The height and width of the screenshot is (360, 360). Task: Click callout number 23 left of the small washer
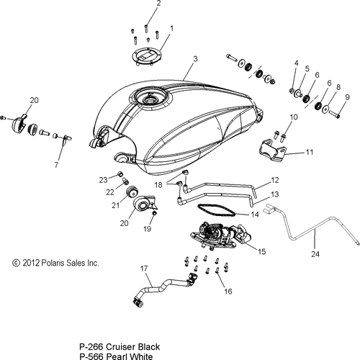tap(103, 179)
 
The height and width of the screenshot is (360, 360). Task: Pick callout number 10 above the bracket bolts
tap(293, 117)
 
